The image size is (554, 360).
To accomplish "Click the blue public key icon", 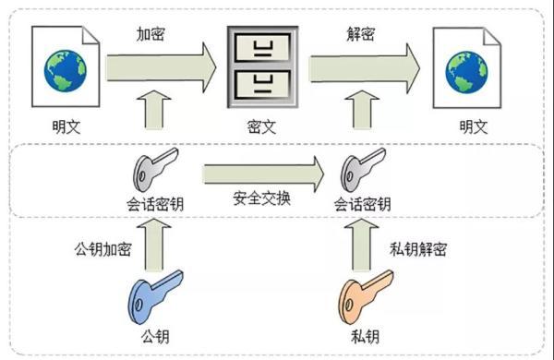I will (x=151, y=295).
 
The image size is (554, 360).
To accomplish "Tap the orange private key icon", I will (x=367, y=295).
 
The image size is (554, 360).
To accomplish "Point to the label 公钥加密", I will (x=103, y=249).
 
